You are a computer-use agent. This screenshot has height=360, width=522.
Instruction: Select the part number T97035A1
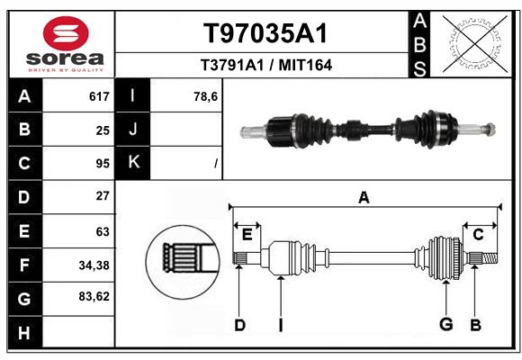[263, 33]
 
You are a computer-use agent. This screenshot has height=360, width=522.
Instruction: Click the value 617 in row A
[99, 96]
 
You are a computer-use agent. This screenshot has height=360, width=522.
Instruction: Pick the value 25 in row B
[102, 130]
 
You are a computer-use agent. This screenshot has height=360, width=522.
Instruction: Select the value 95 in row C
[102, 164]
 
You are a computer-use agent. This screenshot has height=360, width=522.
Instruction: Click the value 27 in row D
[102, 196]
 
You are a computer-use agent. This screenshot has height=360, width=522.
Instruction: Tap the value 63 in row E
[102, 231]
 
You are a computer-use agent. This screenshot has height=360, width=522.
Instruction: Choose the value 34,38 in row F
[94, 265]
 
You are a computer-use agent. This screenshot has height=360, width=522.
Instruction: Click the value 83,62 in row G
[94, 296]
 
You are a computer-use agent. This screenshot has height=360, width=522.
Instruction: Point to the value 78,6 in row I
[206, 96]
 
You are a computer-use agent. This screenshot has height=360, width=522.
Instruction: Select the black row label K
[134, 163]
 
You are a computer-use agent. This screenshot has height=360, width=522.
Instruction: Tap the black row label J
[134, 130]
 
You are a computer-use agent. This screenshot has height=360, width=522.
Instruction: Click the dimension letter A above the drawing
[364, 197]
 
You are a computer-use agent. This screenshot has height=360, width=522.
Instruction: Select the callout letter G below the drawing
[445, 325]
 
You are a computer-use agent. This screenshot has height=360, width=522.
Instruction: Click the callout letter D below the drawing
[239, 325]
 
